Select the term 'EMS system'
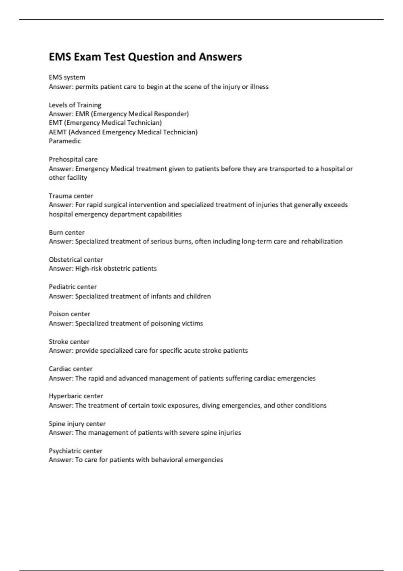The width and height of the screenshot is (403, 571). pyautogui.click(x=67, y=77)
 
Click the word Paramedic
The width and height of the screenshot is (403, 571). pyautogui.click(x=65, y=141)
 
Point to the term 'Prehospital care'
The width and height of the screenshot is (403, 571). pyautogui.click(x=73, y=159)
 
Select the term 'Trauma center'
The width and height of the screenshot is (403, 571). pyautogui.click(x=71, y=196)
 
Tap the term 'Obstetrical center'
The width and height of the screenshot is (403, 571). pyautogui.click(x=76, y=260)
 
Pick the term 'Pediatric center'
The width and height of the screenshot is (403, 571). pyautogui.click(x=73, y=287)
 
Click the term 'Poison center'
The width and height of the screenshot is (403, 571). pyautogui.click(x=70, y=314)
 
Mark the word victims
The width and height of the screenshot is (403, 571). pyautogui.click(x=192, y=323)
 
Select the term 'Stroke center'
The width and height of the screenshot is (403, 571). pyautogui.click(x=69, y=342)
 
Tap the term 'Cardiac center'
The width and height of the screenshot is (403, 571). pyautogui.click(x=71, y=369)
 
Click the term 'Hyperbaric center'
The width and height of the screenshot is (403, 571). pyautogui.click(x=76, y=396)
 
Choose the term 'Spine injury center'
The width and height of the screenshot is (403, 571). pyautogui.click(x=77, y=424)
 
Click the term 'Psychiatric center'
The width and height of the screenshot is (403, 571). pyautogui.click(x=76, y=451)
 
